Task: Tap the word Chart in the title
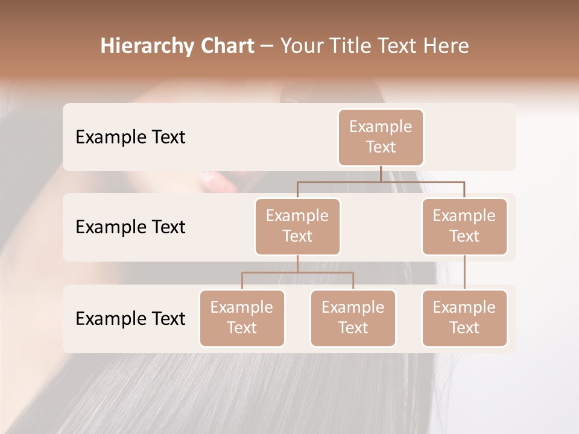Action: coord(226,46)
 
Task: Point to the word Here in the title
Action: coord(447,46)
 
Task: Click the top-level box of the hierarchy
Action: coord(381,137)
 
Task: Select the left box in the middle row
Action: coord(297,226)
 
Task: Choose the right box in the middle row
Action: coord(464,226)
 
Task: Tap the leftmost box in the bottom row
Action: coord(242,318)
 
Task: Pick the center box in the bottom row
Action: coord(353,318)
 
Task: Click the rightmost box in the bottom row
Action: coord(464,318)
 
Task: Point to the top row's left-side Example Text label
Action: coord(130,137)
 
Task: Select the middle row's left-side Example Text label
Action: coord(130,227)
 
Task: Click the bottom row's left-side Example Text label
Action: coord(130,318)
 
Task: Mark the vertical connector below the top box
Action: coord(381,174)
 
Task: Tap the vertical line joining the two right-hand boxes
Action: coord(464,272)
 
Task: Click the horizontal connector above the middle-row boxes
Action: coord(380,181)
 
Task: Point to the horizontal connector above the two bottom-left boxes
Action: coord(297,272)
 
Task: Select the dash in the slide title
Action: coord(267,46)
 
